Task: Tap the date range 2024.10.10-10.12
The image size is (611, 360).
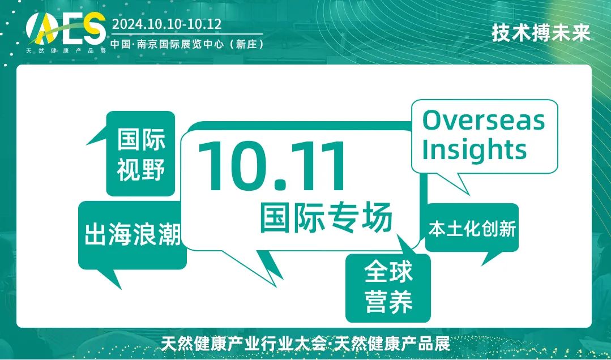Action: pos(167,24)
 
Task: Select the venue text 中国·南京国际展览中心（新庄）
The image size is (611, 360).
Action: pos(187,44)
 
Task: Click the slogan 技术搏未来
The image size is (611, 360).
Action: pos(541,33)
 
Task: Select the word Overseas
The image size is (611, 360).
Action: pos(484,121)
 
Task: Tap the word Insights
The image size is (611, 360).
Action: pos(474,149)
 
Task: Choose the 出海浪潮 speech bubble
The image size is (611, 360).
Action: pos(132,235)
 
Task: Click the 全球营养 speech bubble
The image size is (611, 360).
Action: pos(388,288)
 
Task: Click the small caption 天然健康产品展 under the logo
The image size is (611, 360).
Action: pos(66,51)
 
